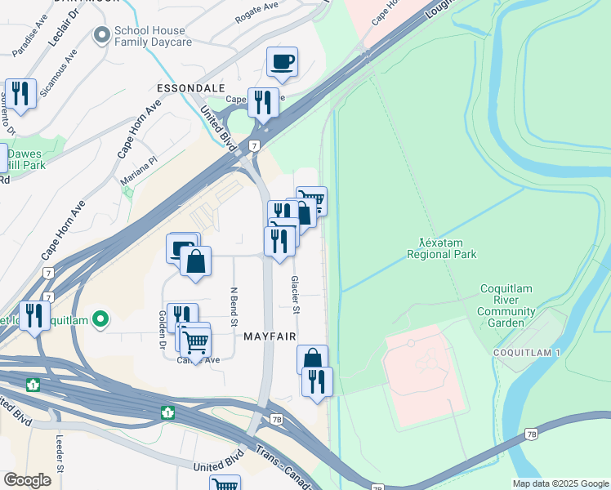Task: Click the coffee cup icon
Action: (282, 62)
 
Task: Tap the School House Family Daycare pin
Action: (101, 34)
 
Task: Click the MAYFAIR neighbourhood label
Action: (268, 336)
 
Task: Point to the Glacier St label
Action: (296, 294)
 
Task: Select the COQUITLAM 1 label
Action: (526, 352)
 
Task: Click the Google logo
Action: (27, 479)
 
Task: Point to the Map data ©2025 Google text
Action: (560, 483)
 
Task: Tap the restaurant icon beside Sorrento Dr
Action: (20, 94)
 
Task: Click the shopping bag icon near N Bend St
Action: (195, 262)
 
